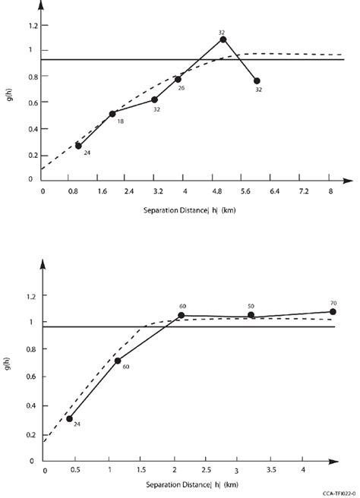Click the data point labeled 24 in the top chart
pos(78,146)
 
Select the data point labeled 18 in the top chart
pos(112,114)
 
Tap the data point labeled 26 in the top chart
pos(178,79)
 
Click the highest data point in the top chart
pos(223,39)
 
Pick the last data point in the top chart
pos(257,81)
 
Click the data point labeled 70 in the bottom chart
pos(333,311)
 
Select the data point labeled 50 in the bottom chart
pos(251,315)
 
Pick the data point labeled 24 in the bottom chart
pos(69,418)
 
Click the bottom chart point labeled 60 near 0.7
pos(118,361)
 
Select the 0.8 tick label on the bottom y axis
pos(31,350)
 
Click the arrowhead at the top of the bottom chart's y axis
pos(44,263)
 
